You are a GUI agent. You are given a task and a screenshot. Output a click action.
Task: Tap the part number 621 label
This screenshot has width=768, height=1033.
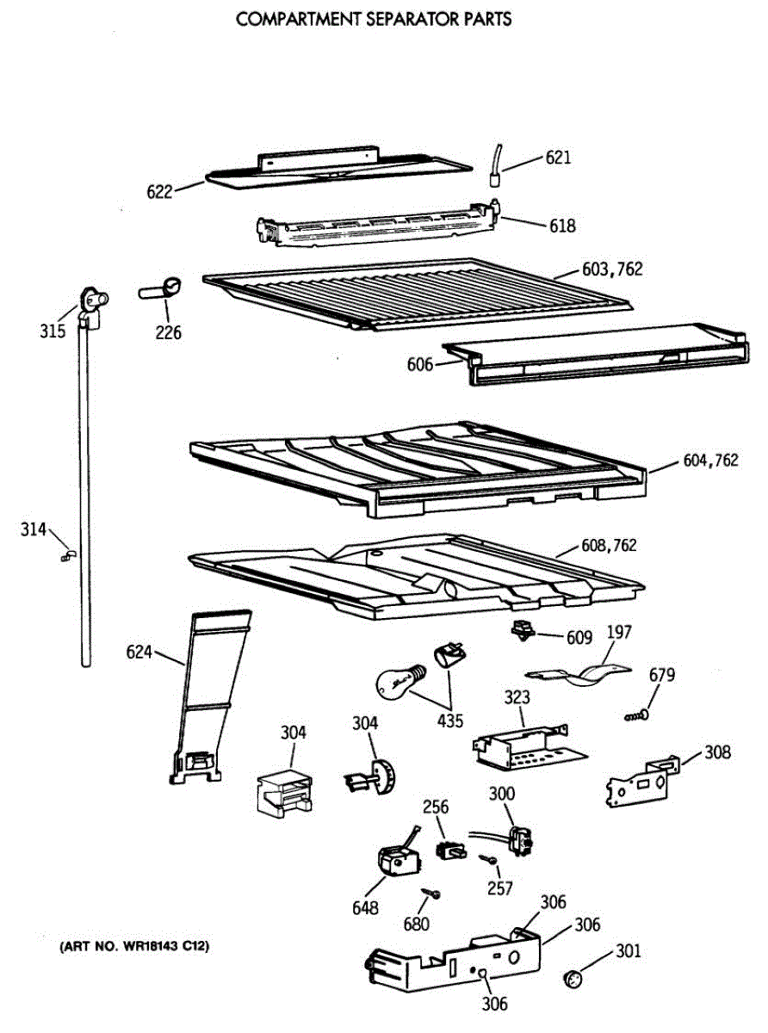(558, 158)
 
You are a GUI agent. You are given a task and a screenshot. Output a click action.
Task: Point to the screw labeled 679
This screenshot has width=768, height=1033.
(637, 714)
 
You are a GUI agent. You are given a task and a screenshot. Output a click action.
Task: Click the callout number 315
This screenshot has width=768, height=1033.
(53, 331)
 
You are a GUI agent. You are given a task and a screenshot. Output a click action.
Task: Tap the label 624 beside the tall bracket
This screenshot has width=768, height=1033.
(139, 653)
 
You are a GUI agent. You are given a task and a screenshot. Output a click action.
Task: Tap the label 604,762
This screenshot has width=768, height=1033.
(710, 461)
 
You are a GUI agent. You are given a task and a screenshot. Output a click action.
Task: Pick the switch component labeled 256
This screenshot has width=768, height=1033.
(449, 850)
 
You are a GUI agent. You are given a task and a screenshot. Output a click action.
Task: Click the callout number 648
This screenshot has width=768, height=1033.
(364, 907)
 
